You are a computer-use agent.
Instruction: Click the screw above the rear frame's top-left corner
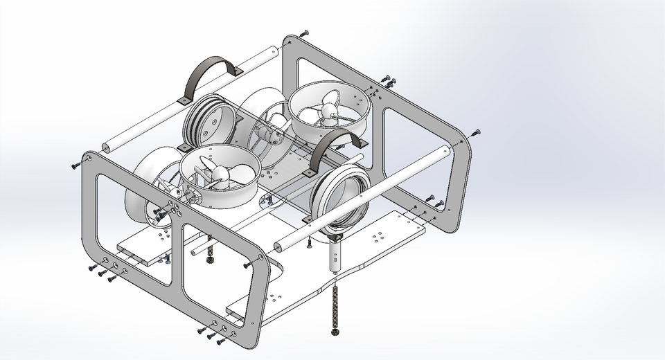click(305, 33)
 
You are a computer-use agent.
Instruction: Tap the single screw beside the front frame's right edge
click(247, 264)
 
